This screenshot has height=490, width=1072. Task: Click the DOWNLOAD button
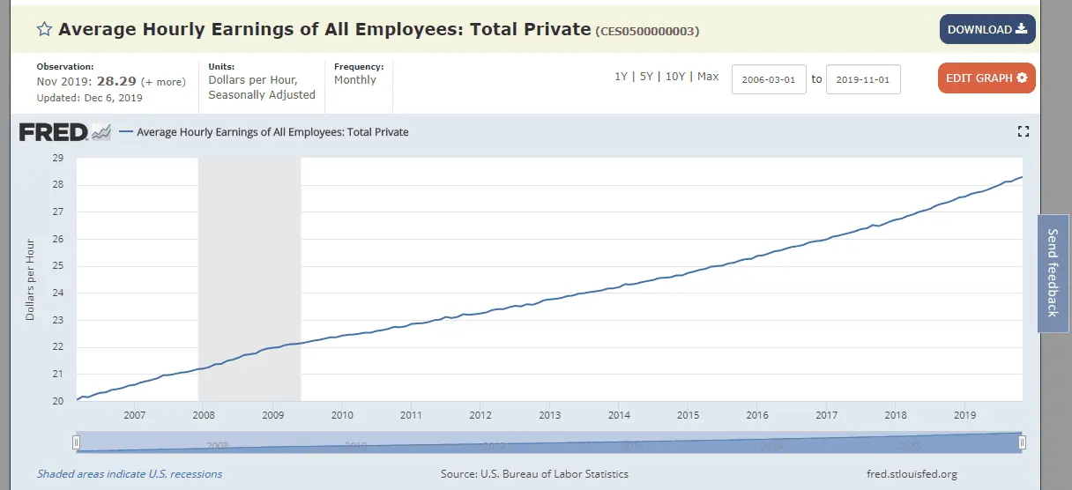[986, 30]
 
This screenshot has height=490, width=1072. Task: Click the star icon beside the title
[44, 29]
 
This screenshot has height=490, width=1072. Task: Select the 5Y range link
[646, 77]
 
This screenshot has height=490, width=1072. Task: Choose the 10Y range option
[675, 77]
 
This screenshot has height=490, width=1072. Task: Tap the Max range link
[708, 77]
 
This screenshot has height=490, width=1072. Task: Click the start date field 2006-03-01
[769, 79]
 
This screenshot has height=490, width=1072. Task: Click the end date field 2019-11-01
[863, 79]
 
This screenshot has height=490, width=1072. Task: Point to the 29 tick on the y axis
[59, 158]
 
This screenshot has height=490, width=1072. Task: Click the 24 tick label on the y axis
[59, 293]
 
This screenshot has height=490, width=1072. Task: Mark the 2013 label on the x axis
[549, 415]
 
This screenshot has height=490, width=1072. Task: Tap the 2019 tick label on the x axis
[965, 415]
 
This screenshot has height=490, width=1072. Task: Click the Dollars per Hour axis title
[30, 279]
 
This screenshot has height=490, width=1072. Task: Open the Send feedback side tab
[1053, 273]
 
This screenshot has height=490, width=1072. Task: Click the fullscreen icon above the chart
[1023, 132]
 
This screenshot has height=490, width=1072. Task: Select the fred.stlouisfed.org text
[912, 474]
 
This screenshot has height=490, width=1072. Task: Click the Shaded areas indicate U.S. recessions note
[130, 474]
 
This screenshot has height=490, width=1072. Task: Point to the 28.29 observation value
[115, 81]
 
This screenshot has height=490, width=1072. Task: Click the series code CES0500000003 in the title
[648, 32]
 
